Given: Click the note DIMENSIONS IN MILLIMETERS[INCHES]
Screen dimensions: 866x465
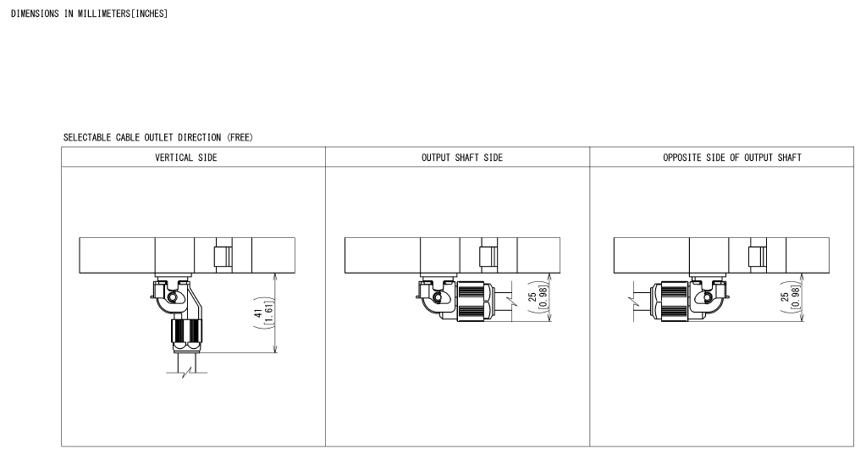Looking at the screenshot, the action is point(89,14).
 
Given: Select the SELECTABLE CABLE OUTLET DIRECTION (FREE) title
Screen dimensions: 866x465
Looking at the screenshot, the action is point(158,137).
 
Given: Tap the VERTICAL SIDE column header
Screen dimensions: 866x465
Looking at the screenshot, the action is point(186,158).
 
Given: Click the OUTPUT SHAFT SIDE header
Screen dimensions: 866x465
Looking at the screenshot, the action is point(462,158).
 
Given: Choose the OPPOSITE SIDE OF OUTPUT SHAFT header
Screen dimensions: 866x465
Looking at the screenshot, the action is point(731,158).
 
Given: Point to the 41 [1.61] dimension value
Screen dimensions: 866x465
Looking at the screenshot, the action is point(263,313).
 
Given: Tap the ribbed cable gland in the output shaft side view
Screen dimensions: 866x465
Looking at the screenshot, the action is point(474,302).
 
